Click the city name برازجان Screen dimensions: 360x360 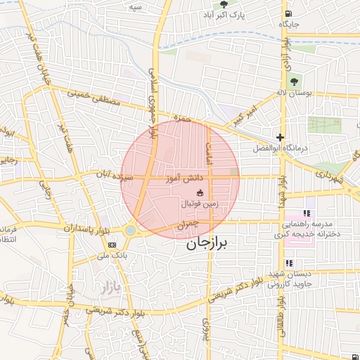(x=208, y=245)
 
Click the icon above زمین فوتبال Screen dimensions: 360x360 (x=200, y=193)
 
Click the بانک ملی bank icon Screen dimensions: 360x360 (x=112, y=244)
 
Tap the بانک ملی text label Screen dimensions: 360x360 (x=99, y=256)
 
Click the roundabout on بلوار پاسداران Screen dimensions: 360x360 (x=131, y=230)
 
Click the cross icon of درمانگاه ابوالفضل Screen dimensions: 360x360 (x=281, y=137)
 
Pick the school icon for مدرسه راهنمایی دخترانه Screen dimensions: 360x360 (x=306, y=213)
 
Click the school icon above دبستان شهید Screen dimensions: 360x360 (x=288, y=263)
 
